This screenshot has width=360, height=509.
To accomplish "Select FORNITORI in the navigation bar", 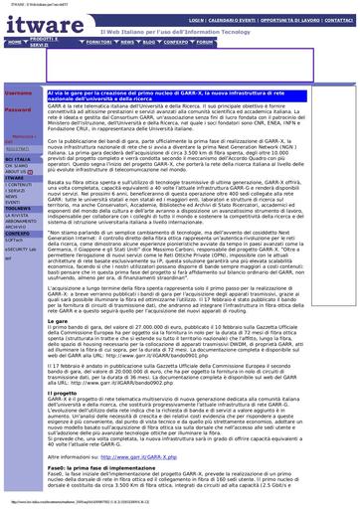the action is click(99, 43).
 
